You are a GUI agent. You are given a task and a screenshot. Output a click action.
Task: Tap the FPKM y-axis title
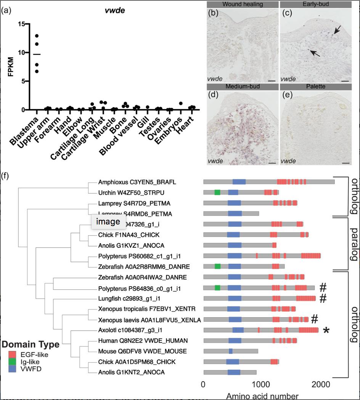point(11,67)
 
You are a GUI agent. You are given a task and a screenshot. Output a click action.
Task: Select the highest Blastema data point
point(37,36)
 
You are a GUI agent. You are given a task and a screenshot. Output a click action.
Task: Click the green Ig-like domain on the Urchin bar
point(217,192)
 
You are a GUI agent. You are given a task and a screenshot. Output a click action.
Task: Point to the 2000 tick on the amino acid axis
point(320,384)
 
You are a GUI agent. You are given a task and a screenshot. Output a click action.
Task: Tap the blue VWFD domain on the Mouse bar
point(231,351)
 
